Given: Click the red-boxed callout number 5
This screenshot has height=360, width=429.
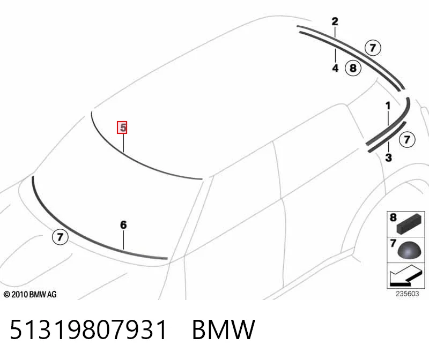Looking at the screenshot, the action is tap(122, 127).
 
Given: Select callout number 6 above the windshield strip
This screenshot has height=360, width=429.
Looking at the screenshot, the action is tap(123, 225).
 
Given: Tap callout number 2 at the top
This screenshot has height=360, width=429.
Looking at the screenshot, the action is tap(335, 21).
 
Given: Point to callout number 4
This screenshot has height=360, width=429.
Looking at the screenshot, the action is tap(335, 68).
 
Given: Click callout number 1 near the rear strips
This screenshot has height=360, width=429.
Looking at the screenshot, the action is tap(388, 106).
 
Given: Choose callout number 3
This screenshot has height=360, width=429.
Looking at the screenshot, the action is tap(388, 157).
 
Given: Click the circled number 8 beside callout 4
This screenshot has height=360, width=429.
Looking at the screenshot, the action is tap(353, 68).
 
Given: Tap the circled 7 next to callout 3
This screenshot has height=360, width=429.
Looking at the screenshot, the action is tap(407, 140).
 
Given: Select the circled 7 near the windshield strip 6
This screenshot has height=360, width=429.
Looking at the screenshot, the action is tap(60, 237).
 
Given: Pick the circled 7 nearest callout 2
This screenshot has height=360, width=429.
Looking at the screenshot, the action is tap(373, 48).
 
